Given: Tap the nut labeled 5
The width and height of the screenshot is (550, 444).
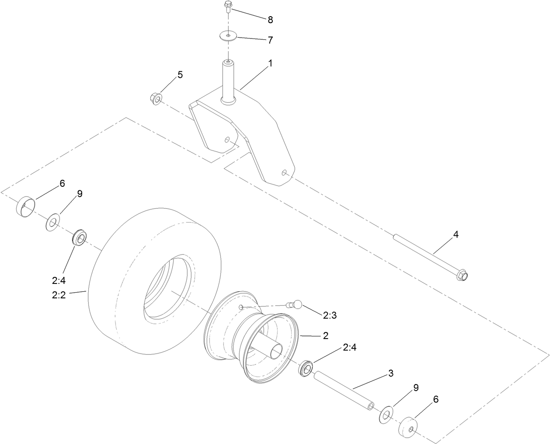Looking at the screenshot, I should click(x=155, y=97).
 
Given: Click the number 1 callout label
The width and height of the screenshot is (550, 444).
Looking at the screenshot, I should click(x=270, y=63).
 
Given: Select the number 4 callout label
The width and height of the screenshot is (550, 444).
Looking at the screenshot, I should click(x=456, y=234).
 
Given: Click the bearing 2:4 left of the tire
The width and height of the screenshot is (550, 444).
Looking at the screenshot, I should click(x=80, y=237).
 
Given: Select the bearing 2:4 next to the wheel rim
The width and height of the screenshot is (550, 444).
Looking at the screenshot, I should click(x=306, y=367).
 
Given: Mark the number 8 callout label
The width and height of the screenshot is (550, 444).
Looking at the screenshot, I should click(x=270, y=20).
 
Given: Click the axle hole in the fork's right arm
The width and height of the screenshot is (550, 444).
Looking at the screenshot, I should click(x=285, y=173).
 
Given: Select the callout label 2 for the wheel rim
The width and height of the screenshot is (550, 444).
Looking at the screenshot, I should click(x=325, y=336).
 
